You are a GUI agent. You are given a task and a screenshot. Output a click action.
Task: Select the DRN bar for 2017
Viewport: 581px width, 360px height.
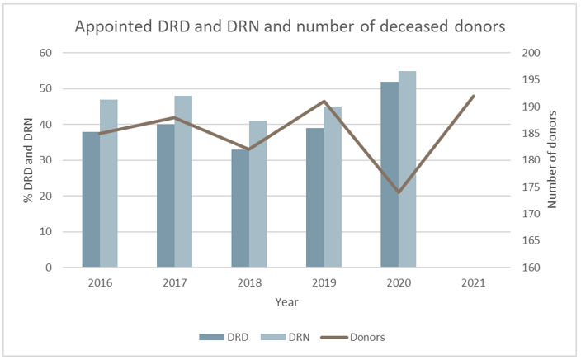pos(183,182)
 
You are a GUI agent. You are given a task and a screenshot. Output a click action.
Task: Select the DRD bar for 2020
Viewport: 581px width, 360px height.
pos(390,174)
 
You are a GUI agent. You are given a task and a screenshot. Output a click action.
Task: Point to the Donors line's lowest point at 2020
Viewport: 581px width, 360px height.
pos(399,192)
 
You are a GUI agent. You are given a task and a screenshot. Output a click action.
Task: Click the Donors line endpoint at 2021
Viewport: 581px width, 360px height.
pos(474,96)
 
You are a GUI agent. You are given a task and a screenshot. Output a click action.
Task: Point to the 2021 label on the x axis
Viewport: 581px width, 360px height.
pos(474,282)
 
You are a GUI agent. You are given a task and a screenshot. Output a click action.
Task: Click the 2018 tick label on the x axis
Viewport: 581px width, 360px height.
pos(249,282)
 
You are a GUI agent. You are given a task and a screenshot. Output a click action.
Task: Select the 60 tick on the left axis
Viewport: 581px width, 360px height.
pos(46,53)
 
